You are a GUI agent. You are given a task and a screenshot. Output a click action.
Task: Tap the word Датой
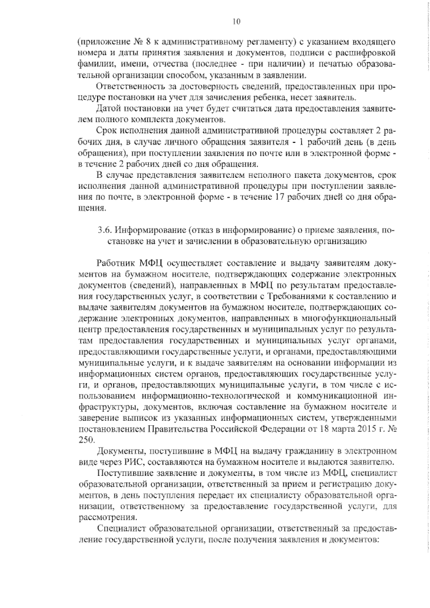(109, 109)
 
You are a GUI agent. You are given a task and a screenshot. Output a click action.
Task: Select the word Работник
(115, 263)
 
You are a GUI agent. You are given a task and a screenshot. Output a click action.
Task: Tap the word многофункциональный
(352, 318)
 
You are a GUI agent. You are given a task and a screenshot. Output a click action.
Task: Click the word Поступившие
(121, 462)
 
